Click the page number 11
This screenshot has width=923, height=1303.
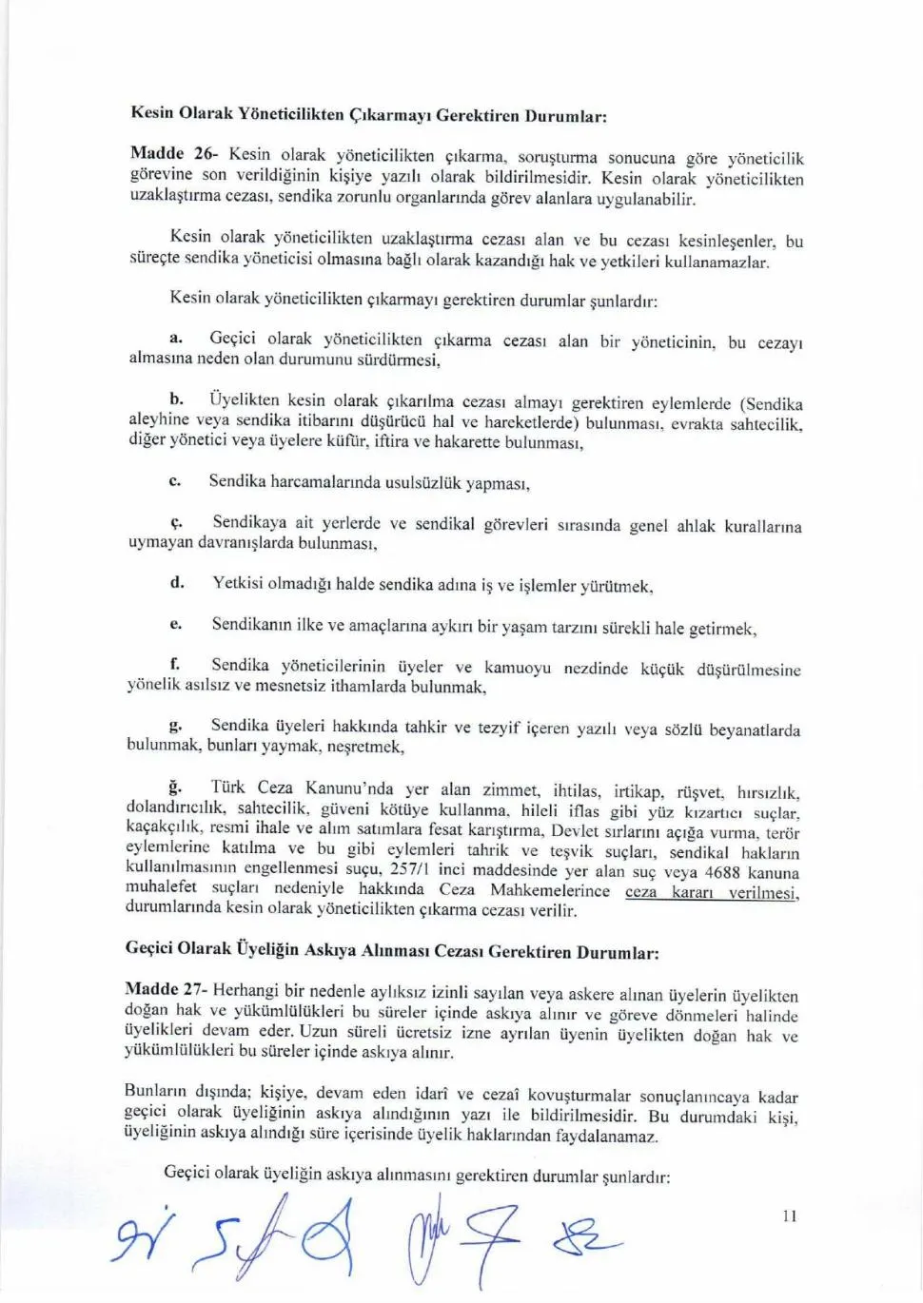(x=789, y=1215)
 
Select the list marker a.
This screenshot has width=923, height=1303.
(x=176, y=338)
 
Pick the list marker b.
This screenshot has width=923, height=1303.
(x=177, y=399)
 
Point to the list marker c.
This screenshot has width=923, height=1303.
(x=174, y=481)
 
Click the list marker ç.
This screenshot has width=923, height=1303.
(x=176, y=522)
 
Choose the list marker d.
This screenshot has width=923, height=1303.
(x=177, y=582)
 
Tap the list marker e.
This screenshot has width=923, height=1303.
(x=175, y=624)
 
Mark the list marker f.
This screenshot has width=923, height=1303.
(x=175, y=664)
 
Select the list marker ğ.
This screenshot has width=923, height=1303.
(x=175, y=787)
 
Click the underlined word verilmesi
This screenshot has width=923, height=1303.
(x=763, y=893)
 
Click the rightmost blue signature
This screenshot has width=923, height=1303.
(x=586, y=1239)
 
